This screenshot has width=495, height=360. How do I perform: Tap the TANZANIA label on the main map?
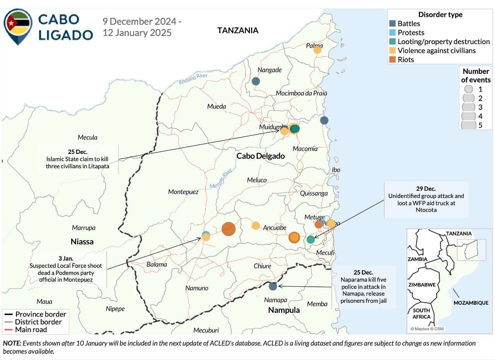[237, 31]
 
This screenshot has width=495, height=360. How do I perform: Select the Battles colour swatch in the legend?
[392, 24]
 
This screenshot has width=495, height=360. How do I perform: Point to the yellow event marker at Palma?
[317, 50]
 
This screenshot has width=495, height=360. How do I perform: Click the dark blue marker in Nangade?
[256, 81]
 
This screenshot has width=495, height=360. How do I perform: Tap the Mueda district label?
[217, 106]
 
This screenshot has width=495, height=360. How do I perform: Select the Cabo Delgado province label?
[260, 156]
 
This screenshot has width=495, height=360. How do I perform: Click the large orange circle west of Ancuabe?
[229, 229]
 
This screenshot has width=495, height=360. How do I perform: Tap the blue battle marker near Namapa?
[273, 287]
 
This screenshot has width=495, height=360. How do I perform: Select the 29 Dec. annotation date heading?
[426, 189]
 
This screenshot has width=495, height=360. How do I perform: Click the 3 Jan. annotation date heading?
[65, 258]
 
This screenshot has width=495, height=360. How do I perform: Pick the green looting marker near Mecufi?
[311, 240]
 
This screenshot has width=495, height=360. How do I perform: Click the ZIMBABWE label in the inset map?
[422, 285]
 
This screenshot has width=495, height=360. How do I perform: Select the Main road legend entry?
[31, 330]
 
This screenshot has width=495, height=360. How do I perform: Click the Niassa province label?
[82, 242]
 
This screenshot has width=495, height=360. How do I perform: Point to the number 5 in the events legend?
[480, 125]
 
